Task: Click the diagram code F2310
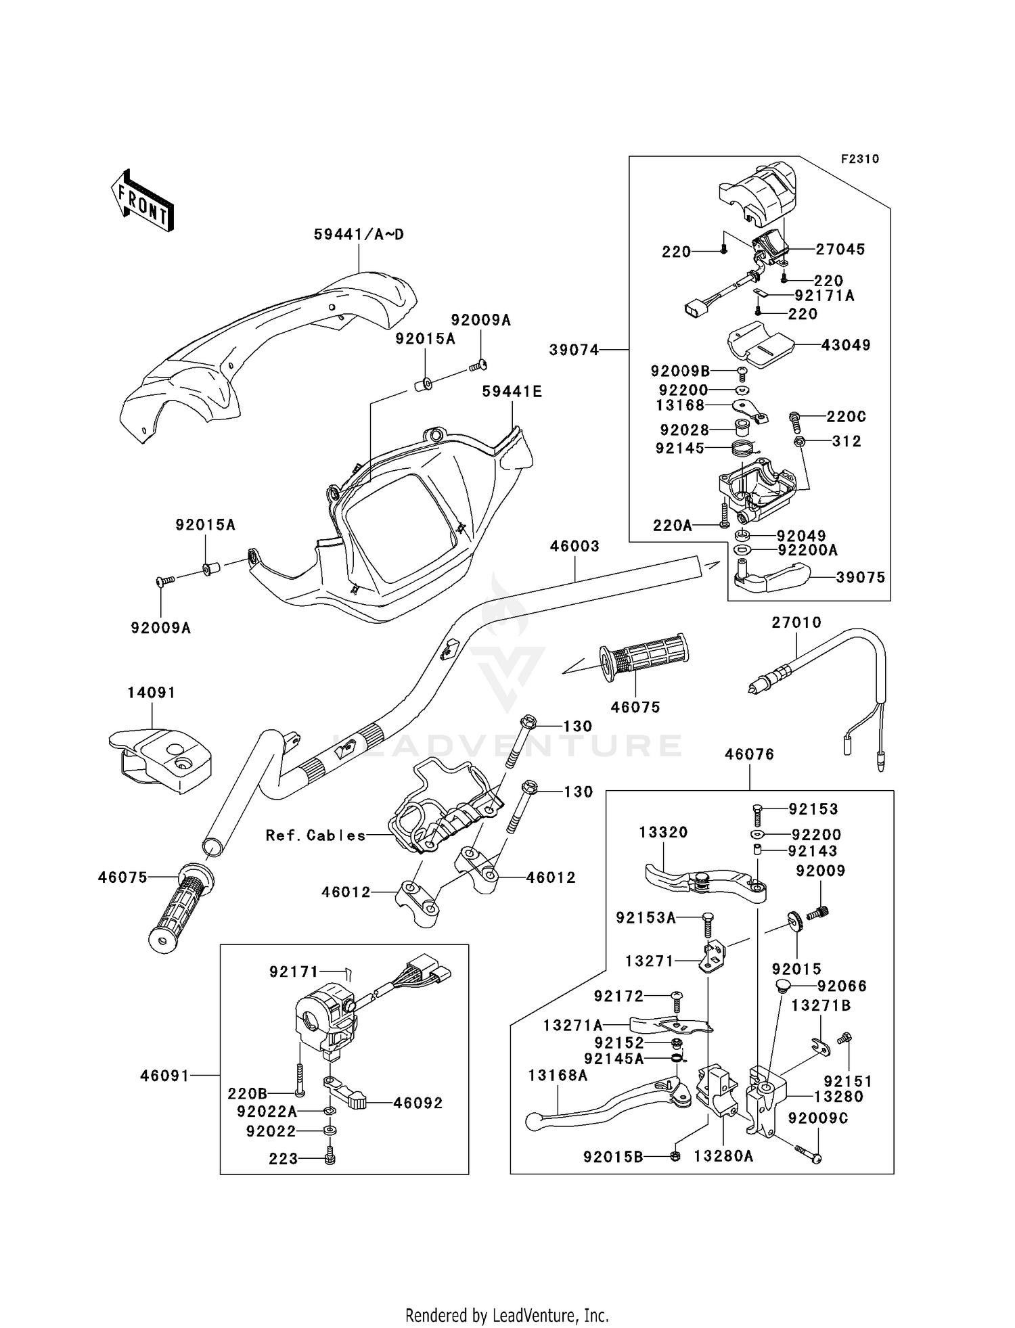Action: point(859,159)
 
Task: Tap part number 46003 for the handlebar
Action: point(574,546)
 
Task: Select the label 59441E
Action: point(512,392)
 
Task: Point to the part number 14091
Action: point(152,693)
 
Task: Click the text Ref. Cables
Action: point(315,835)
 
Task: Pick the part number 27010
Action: point(796,622)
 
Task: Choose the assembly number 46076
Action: point(749,754)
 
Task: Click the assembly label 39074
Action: point(574,350)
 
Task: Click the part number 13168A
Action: point(558,1075)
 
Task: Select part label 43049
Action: point(846,345)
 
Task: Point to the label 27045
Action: point(840,249)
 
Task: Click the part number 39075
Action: point(860,577)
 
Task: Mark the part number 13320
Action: point(663,832)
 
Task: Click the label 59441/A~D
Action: point(359,235)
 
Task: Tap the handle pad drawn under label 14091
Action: point(160,758)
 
